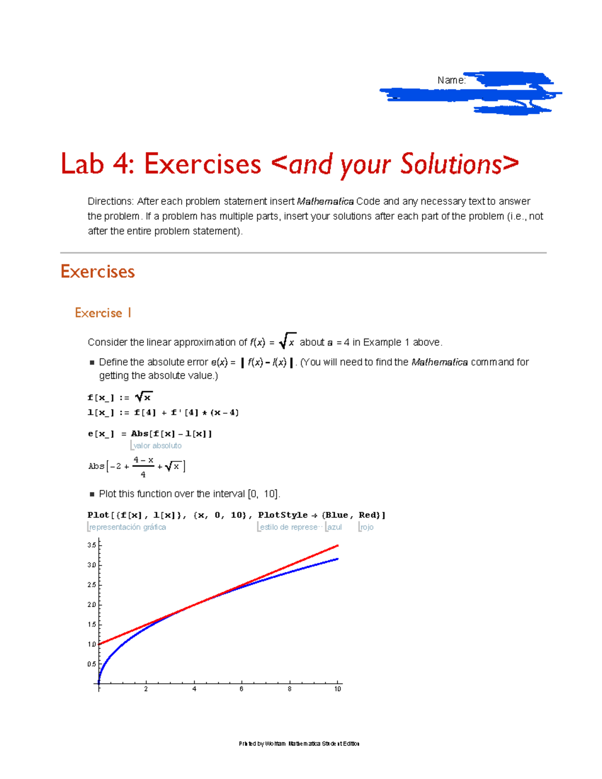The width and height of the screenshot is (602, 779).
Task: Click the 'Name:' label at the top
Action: coord(451,80)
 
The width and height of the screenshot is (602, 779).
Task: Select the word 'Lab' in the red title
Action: coord(82,164)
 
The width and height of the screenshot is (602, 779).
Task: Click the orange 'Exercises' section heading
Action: coord(97,271)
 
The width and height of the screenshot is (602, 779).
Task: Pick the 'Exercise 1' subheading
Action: coord(103,313)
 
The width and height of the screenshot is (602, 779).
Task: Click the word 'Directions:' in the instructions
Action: coord(110,201)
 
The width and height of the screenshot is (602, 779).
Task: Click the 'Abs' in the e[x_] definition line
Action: coord(139,433)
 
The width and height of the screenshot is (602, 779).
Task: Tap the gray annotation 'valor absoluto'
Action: coord(157,445)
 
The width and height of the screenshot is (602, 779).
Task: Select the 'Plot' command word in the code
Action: coord(98,515)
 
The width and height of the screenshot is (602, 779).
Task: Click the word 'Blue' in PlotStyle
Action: coord(337,515)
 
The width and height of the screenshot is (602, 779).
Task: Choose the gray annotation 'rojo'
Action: coord(367,527)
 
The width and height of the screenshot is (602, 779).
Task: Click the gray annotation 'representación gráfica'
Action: coord(127,527)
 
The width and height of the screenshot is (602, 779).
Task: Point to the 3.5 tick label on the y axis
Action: coord(91,545)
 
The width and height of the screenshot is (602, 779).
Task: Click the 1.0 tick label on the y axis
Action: coord(91,644)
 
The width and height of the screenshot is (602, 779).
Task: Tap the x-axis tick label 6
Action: coord(241,689)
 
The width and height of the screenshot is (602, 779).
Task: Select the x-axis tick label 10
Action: coord(338,689)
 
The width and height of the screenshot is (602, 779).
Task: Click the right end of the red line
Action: coord(337,545)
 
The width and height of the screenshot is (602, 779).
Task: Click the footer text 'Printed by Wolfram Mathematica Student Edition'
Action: coord(299,743)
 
